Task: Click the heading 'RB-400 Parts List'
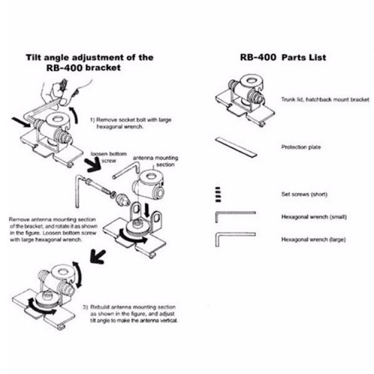pyautogui.click(x=283, y=58)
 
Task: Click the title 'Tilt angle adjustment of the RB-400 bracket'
pyautogui.click(x=90, y=62)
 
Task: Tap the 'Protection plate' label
pyautogui.click(x=301, y=147)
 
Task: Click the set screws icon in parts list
pyautogui.click(x=218, y=194)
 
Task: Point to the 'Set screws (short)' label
pyautogui.click(x=304, y=194)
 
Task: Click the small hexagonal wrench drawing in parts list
pyautogui.click(x=236, y=216)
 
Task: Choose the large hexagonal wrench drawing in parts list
pyautogui.click(x=236, y=239)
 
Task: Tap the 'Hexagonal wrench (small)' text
pyautogui.click(x=314, y=217)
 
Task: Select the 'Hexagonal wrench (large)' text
pyautogui.click(x=313, y=239)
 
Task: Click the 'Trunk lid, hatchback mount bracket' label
pyautogui.click(x=325, y=99)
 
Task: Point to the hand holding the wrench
pyautogui.click(x=66, y=93)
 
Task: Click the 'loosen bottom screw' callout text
pyautogui.click(x=108, y=157)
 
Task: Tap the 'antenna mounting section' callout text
pyautogui.click(x=156, y=162)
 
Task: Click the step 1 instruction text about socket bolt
pyautogui.click(x=131, y=123)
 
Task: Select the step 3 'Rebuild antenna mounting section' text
pyautogui.click(x=130, y=313)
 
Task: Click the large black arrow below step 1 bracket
pyautogui.click(x=93, y=165)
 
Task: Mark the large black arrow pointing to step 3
pyautogui.click(x=97, y=257)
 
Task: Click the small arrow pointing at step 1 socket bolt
pyautogui.click(x=21, y=122)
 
